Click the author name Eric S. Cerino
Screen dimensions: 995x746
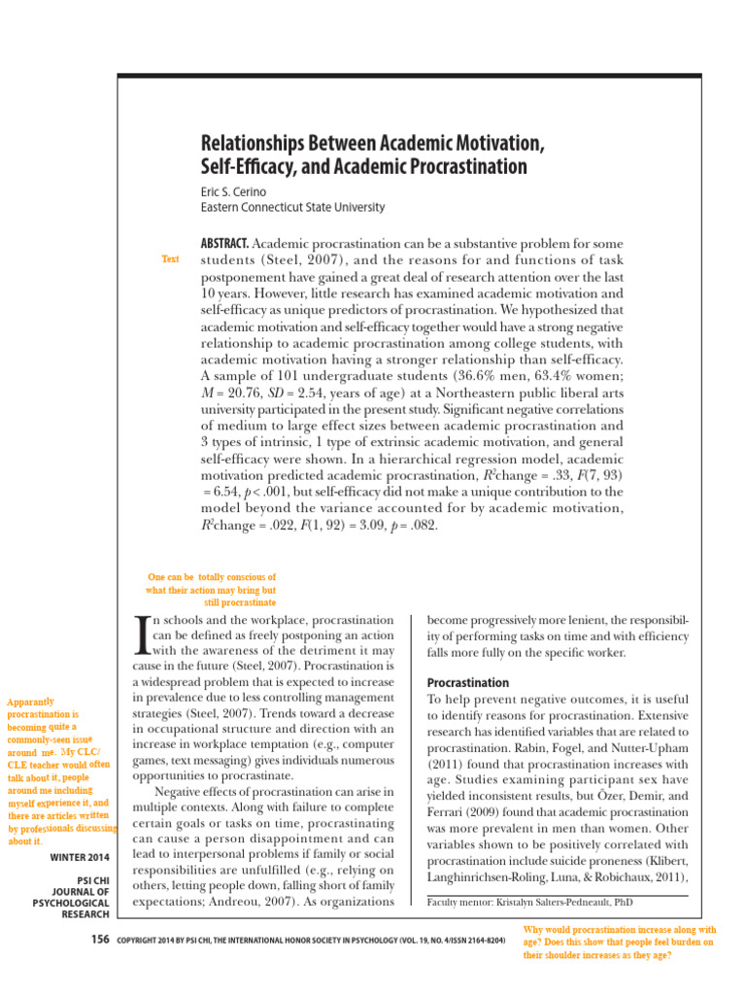pos(233,191)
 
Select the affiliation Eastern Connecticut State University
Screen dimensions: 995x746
pos(291,207)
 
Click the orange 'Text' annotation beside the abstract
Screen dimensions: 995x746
pos(170,258)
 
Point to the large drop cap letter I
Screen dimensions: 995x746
pos(142,634)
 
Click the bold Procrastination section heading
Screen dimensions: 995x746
pos(468,682)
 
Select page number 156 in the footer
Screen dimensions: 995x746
pos(98,941)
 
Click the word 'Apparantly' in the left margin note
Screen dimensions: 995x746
pos(30,702)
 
